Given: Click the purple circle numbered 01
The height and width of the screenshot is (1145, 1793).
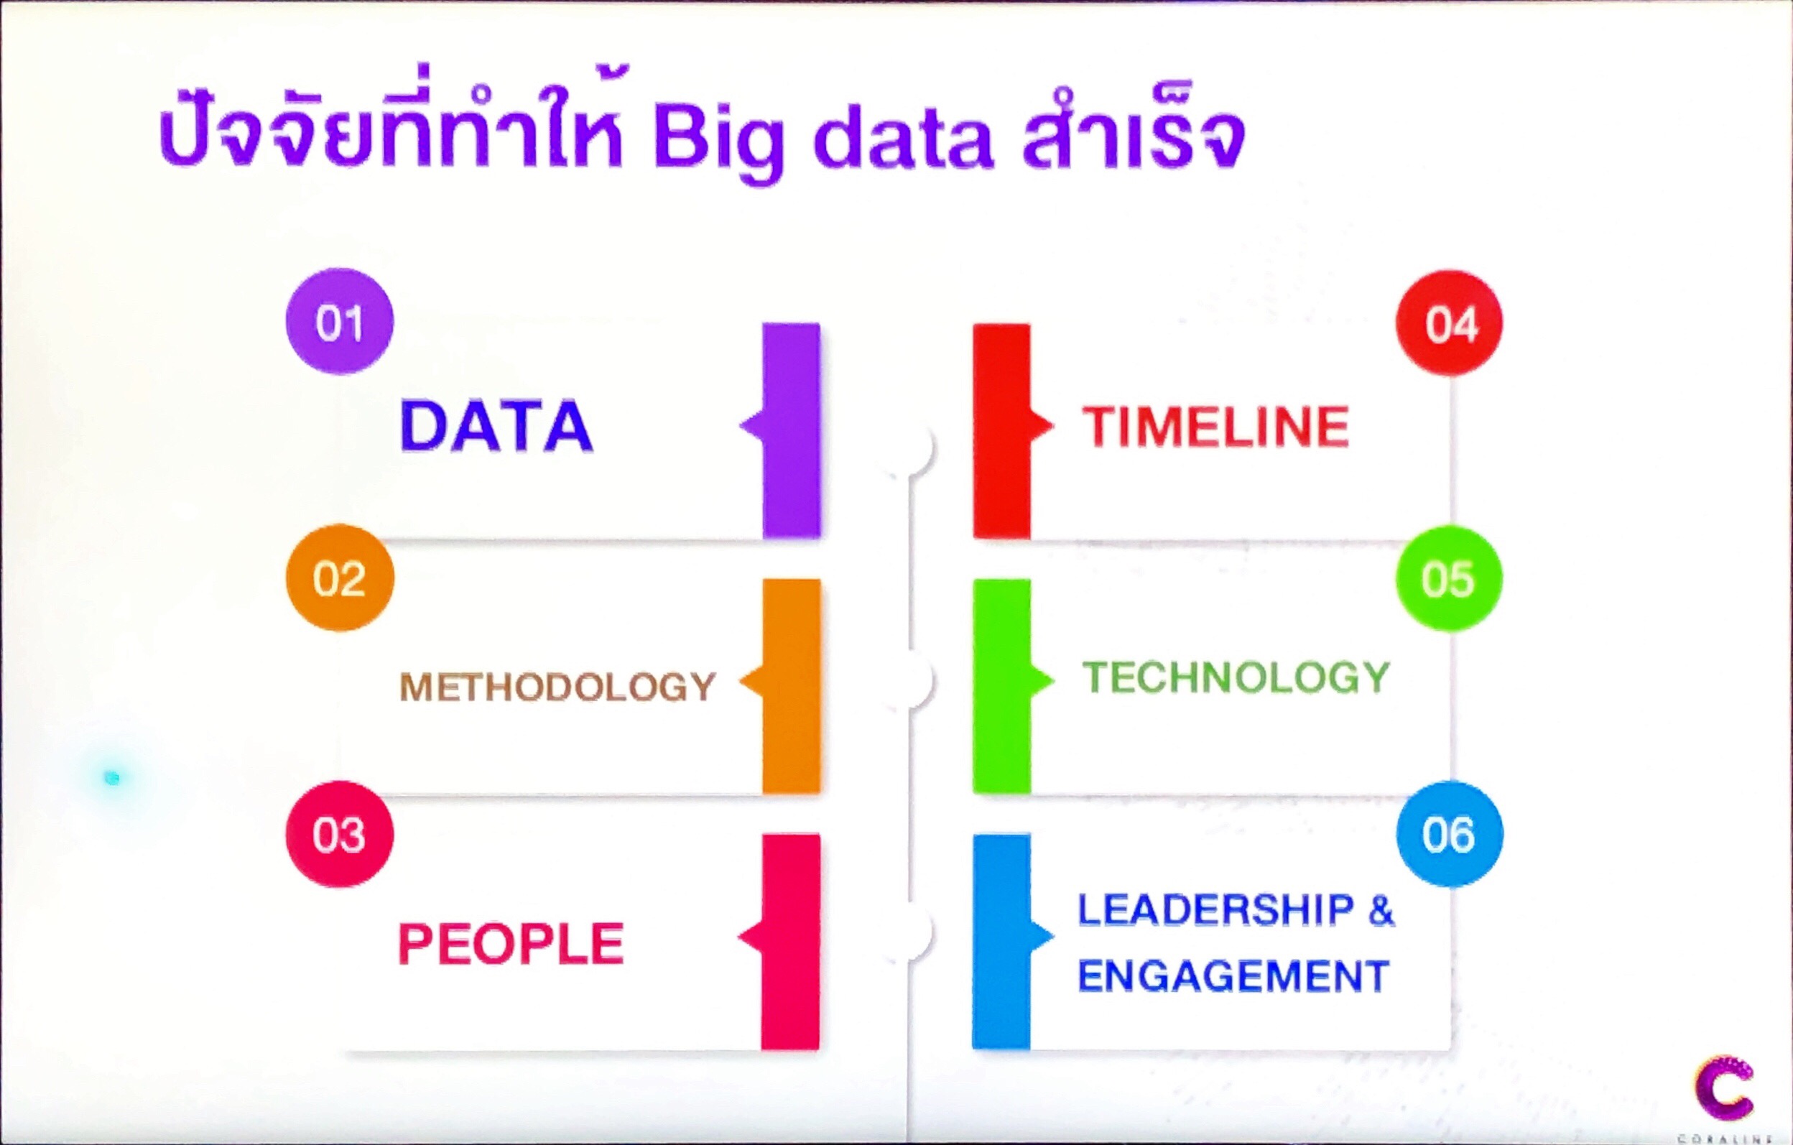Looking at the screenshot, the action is tap(340, 322).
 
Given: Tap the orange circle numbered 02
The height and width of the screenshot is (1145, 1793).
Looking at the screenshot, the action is tap(340, 578).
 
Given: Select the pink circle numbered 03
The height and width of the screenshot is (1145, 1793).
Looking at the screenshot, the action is tap(340, 834).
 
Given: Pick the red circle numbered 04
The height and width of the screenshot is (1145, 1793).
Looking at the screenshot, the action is tap(1449, 323).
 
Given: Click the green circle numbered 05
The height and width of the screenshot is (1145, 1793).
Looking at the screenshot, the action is tap(1449, 578).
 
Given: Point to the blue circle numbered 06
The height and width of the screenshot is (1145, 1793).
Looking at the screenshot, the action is tap(1449, 834).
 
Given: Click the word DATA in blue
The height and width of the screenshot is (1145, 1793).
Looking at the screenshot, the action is tap(496, 426).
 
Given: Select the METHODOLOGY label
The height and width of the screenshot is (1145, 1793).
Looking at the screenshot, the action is tap(557, 687).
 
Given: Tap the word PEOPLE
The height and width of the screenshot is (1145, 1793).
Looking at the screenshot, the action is tap(511, 943).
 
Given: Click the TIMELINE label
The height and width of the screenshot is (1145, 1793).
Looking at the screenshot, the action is tap(1215, 427).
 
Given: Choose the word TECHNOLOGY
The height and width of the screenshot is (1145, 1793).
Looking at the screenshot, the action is tap(1236, 677).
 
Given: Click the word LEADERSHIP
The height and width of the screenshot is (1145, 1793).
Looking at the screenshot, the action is tap(1216, 909).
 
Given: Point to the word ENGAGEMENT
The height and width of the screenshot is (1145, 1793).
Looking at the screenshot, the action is tap(1234, 976).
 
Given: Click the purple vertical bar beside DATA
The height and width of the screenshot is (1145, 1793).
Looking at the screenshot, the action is tap(791, 430).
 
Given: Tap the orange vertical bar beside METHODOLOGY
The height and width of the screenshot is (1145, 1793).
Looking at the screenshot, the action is tap(791, 686).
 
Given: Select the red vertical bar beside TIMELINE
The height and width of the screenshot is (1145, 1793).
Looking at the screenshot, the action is tap(1002, 431).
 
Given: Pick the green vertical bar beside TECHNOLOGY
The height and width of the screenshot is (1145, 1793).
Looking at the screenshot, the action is tap(1002, 686).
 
